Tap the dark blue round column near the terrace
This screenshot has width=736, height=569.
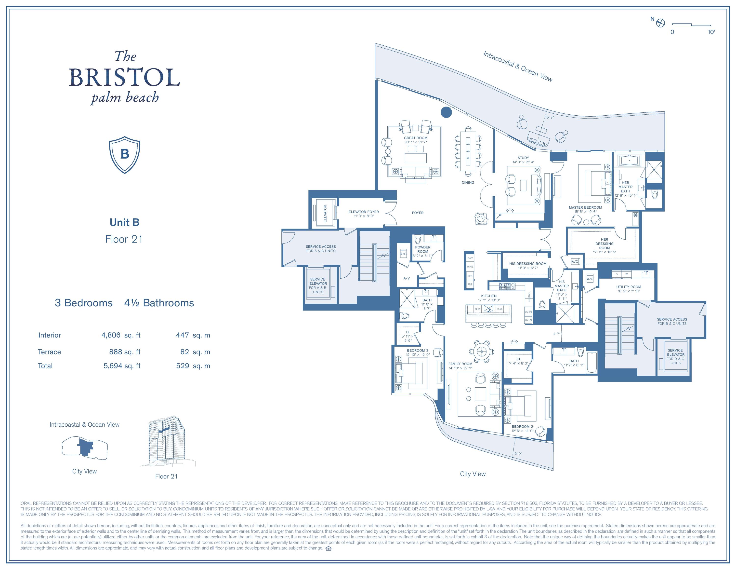446,112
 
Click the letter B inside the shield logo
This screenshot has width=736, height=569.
125,154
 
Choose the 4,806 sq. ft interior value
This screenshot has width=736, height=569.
121,335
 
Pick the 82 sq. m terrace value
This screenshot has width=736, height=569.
195,352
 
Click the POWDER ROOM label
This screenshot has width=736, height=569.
423,249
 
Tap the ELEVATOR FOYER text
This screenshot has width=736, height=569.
364,212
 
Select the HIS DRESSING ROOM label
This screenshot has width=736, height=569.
528,264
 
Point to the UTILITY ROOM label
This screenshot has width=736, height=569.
629,287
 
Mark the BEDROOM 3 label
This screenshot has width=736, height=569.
417,351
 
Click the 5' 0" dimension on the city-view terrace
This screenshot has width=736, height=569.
518,453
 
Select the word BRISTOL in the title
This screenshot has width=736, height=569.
124,78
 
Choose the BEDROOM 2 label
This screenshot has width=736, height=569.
522,426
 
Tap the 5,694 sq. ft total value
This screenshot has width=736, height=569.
122,366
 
